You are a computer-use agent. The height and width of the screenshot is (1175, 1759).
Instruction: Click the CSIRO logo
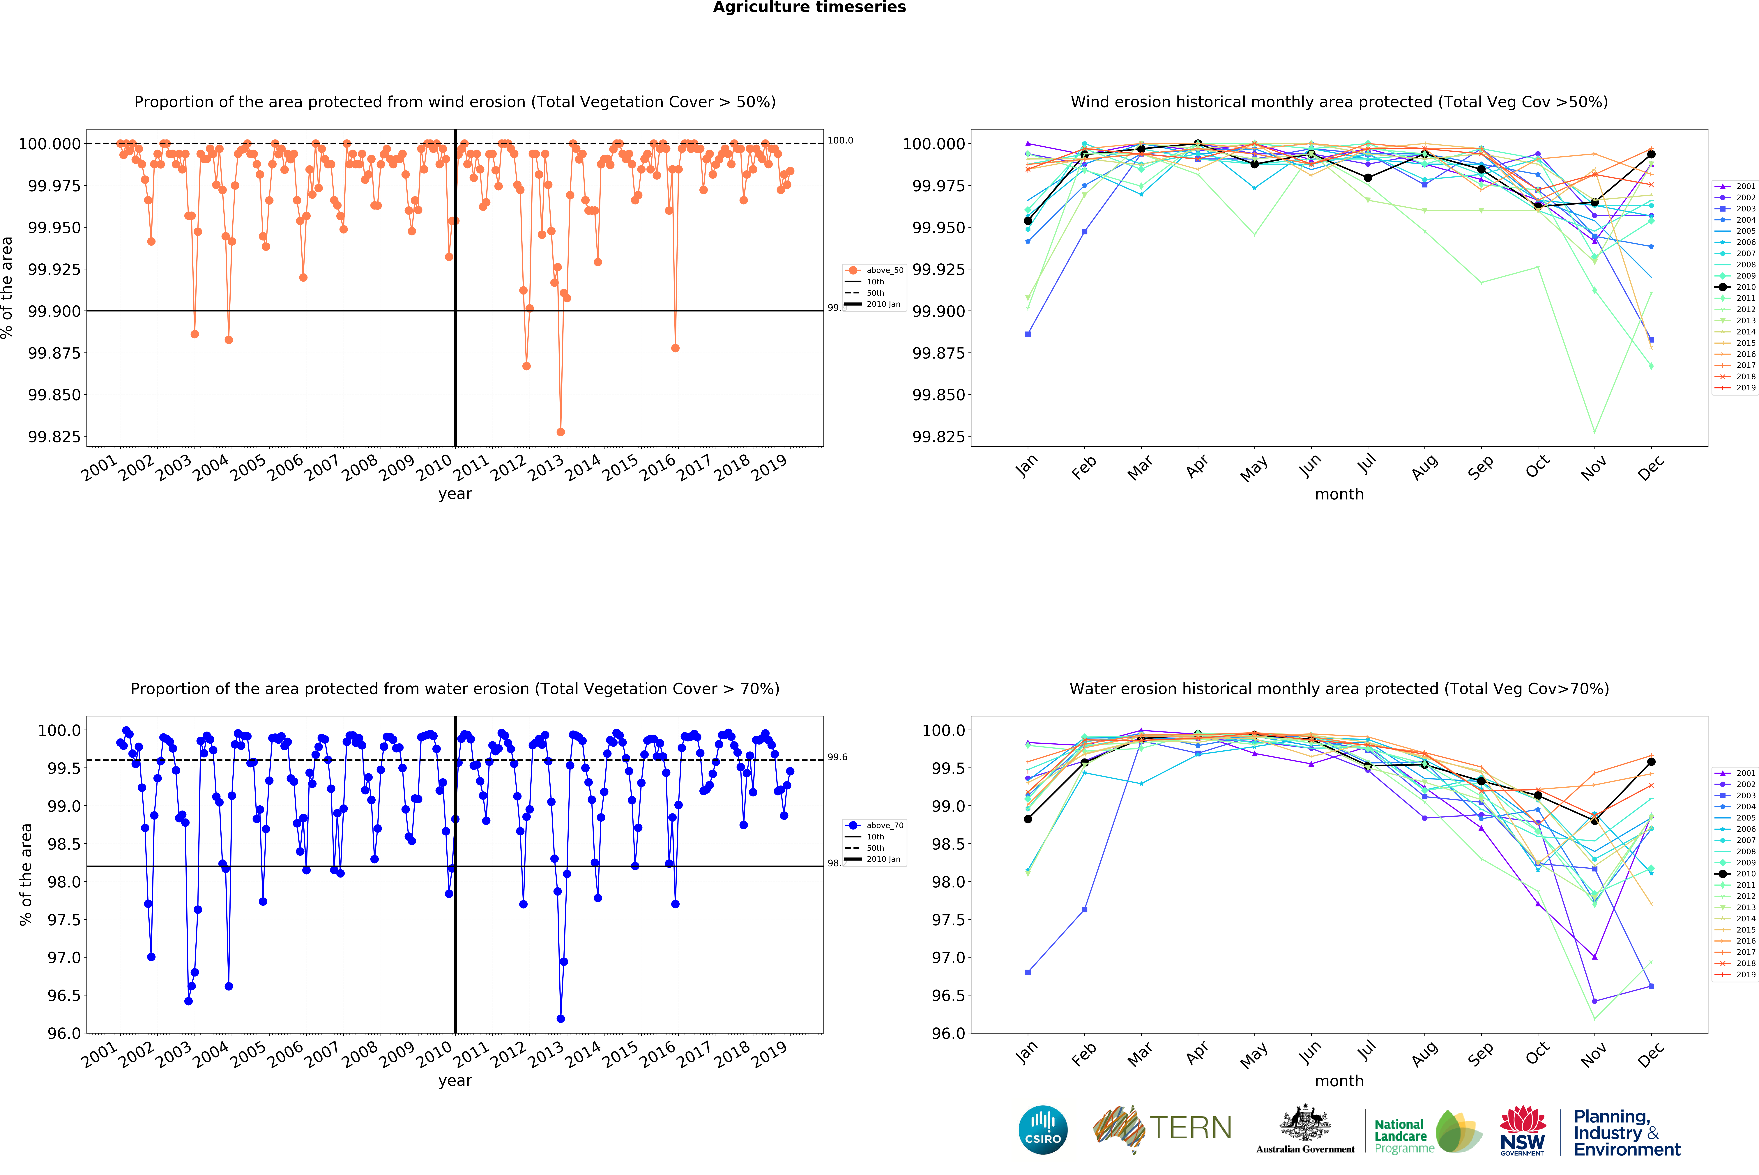click(x=1042, y=1129)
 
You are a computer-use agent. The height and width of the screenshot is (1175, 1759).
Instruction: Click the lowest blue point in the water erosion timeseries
click(x=561, y=1018)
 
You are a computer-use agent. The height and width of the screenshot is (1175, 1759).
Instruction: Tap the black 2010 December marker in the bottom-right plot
click(x=1651, y=761)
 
